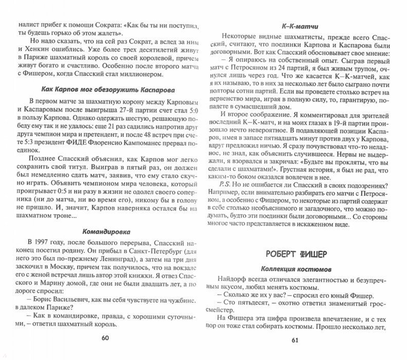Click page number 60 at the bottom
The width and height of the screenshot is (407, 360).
(105, 338)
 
